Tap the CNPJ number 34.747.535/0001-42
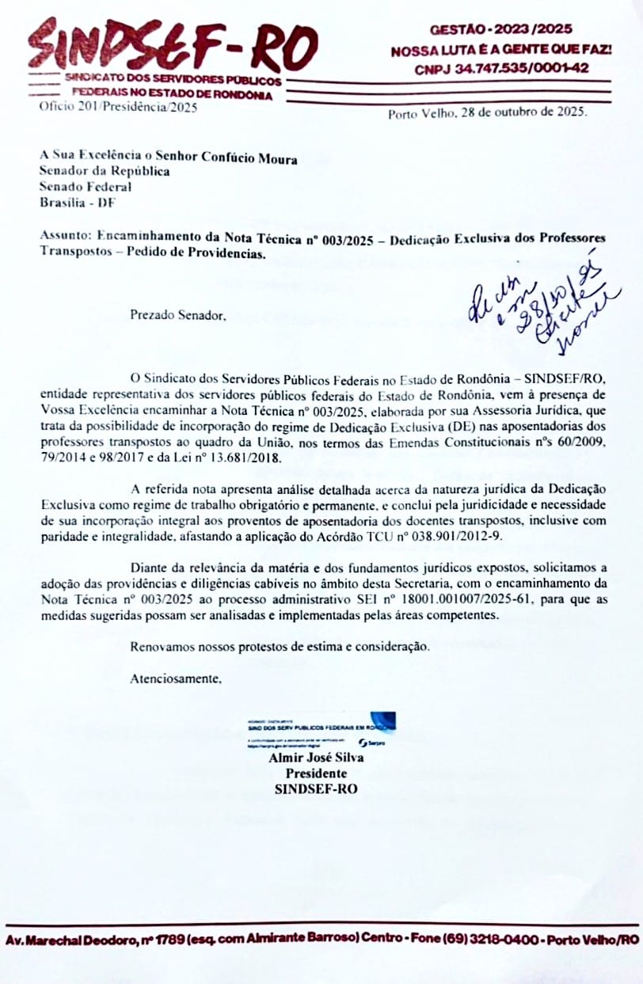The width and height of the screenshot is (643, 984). click(501, 69)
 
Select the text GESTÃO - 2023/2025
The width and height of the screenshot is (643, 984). click(500, 30)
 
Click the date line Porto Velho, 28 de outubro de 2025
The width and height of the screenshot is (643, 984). click(487, 113)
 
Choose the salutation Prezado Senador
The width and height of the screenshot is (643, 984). click(177, 315)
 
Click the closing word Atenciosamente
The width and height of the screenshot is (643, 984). click(176, 678)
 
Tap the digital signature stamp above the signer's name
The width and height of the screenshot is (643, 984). click(321, 731)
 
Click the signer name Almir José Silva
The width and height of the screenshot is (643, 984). click(316, 758)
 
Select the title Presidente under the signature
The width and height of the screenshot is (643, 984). click(316, 773)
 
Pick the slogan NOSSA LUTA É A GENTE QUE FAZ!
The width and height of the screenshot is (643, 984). click(500, 50)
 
